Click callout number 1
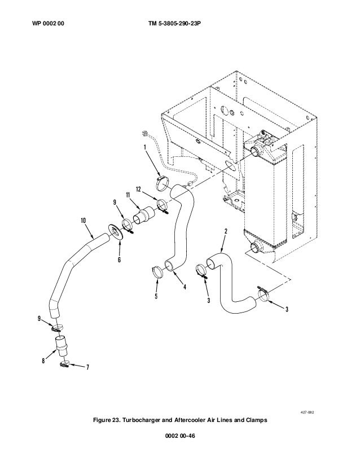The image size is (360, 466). coord(145,147)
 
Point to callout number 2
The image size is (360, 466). coord(226,231)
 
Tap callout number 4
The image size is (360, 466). coord(185,287)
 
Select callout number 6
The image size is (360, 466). coord(119,260)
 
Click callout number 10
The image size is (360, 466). coord(84,221)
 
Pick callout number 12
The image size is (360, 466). coord(138,190)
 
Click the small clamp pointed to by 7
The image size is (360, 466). coord(64,363)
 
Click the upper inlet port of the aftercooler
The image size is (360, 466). coord(256,151)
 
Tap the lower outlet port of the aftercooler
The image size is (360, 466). coord(256,247)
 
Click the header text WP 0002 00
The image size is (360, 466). coord(48,24)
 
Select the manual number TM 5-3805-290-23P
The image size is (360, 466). coord(174,24)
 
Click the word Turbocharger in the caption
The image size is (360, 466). coord(142,420)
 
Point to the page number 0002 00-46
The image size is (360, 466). coord(180,436)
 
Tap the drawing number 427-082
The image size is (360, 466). coord(308,412)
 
